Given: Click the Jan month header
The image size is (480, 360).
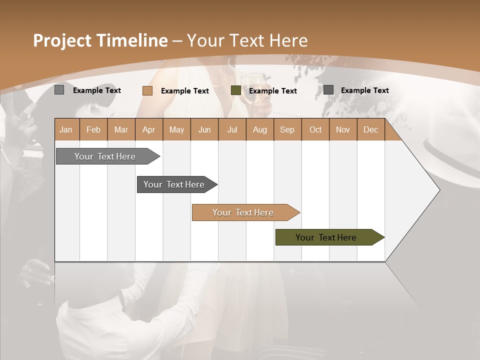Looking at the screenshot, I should pyautogui.click(x=66, y=129).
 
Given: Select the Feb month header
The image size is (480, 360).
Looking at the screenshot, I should pyautogui.click(x=93, y=129).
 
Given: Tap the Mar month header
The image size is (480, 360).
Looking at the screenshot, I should pyautogui.click(x=121, y=129).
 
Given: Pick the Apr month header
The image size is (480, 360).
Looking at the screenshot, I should pyautogui.click(x=149, y=129).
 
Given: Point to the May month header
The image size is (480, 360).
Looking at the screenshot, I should pyautogui.click(x=176, y=129).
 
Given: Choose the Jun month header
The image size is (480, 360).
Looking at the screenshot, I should pyautogui.click(x=204, y=129).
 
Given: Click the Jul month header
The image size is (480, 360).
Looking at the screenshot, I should pyautogui.click(x=232, y=129).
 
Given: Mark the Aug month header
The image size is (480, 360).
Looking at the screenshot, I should pyautogui.click(x=260, y=129).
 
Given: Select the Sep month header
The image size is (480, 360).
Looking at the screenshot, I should pyautogui.click(x=287, y=129).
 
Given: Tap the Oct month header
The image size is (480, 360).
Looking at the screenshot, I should pyautogui.click(x=315, y=129).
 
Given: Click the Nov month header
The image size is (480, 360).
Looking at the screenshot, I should pyautogui.click(x=343, y=129).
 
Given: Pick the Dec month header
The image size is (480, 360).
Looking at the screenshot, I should pyautogui.click(x=371, y=129).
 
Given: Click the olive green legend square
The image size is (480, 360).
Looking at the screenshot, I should pyautogui.click(x=236, y=90).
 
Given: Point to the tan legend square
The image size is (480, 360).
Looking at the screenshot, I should pyautogui.click(x=147, y=90).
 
